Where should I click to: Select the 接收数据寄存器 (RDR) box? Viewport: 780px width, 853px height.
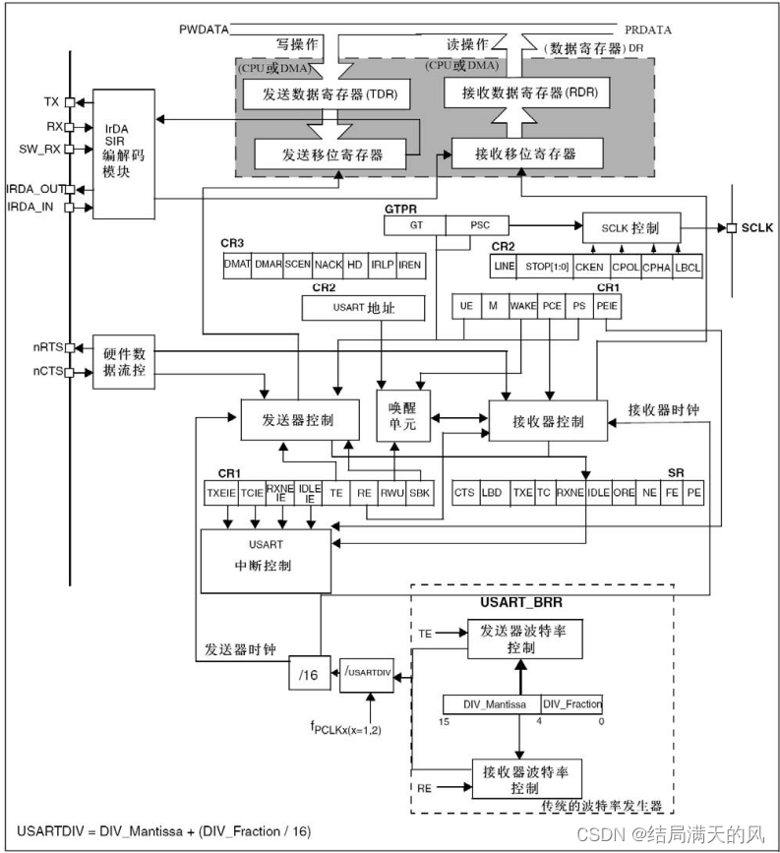click(x=527, y=94)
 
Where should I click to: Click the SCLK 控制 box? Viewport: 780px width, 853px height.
click(x=630, y=227)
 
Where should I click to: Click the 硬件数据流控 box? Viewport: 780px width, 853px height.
click(x=124, y=362)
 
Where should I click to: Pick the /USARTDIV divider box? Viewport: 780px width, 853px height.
click(x=367, y=674)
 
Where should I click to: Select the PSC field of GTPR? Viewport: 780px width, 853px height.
click(x=480, y=225)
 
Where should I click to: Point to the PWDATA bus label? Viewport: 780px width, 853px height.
click(x=204, y=30)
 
